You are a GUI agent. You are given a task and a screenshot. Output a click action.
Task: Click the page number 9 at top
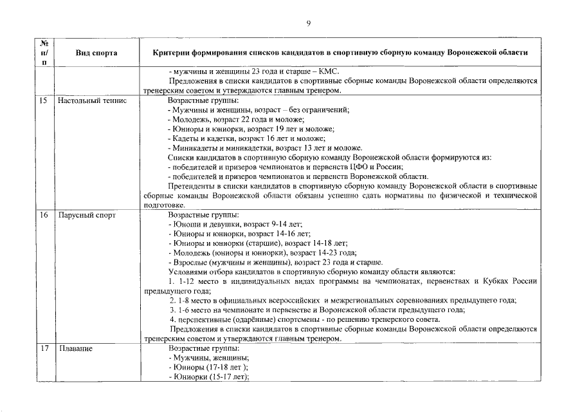308,24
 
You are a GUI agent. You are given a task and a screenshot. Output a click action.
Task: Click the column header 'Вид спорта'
95,53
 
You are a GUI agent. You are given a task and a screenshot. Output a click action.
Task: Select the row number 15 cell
44,101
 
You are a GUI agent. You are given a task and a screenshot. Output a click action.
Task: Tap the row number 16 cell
44,215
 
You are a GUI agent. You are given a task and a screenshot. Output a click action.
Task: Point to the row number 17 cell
44,349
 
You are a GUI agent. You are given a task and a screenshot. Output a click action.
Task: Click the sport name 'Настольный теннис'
92,101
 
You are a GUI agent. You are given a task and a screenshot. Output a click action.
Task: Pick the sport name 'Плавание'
75,349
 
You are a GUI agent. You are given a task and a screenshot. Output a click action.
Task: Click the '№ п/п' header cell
44,53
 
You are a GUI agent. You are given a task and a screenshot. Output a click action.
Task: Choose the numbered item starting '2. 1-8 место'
343,301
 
